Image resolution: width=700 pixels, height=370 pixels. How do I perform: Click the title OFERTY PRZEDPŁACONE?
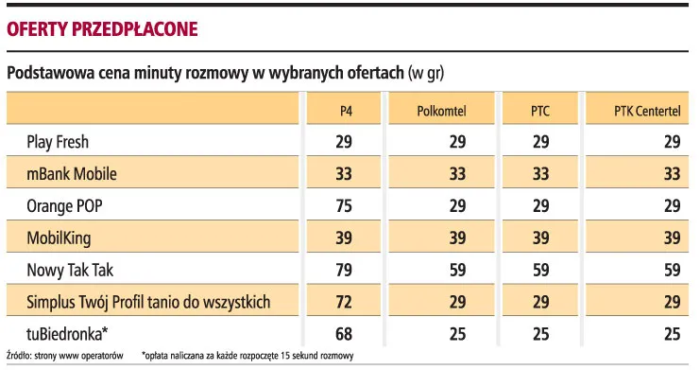102,28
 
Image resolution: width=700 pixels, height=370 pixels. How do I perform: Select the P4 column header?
347,111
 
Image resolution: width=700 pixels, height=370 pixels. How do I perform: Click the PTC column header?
539,111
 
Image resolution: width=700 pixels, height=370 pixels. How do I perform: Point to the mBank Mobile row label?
72,174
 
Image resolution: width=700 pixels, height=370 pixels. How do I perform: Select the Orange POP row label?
65,206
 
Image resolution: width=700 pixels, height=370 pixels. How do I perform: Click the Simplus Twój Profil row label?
149,303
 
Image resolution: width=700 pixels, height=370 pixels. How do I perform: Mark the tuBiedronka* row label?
67,334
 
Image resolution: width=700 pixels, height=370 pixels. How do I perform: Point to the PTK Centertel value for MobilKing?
671,238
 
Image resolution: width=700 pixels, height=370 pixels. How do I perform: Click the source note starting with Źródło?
65,356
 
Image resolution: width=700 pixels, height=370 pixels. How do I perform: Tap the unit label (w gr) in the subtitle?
426,73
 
